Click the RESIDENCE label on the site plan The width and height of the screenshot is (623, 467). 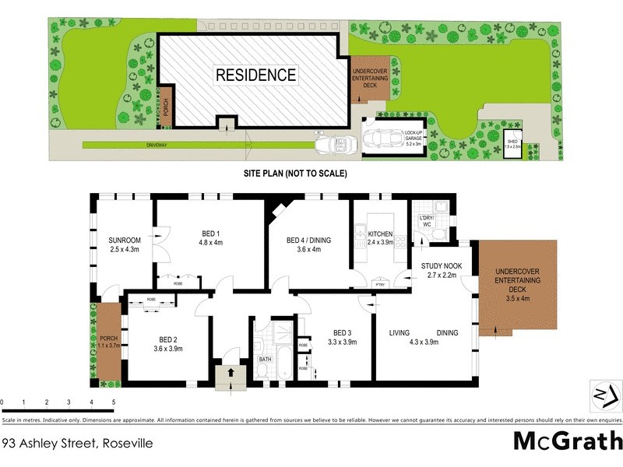tap(255, 75)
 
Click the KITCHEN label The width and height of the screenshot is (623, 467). tap(381, 233)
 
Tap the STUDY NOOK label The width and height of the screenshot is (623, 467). tap(442, 265)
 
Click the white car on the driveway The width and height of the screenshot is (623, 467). tap(335, 144)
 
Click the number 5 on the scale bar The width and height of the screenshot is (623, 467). tap(114, 402)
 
